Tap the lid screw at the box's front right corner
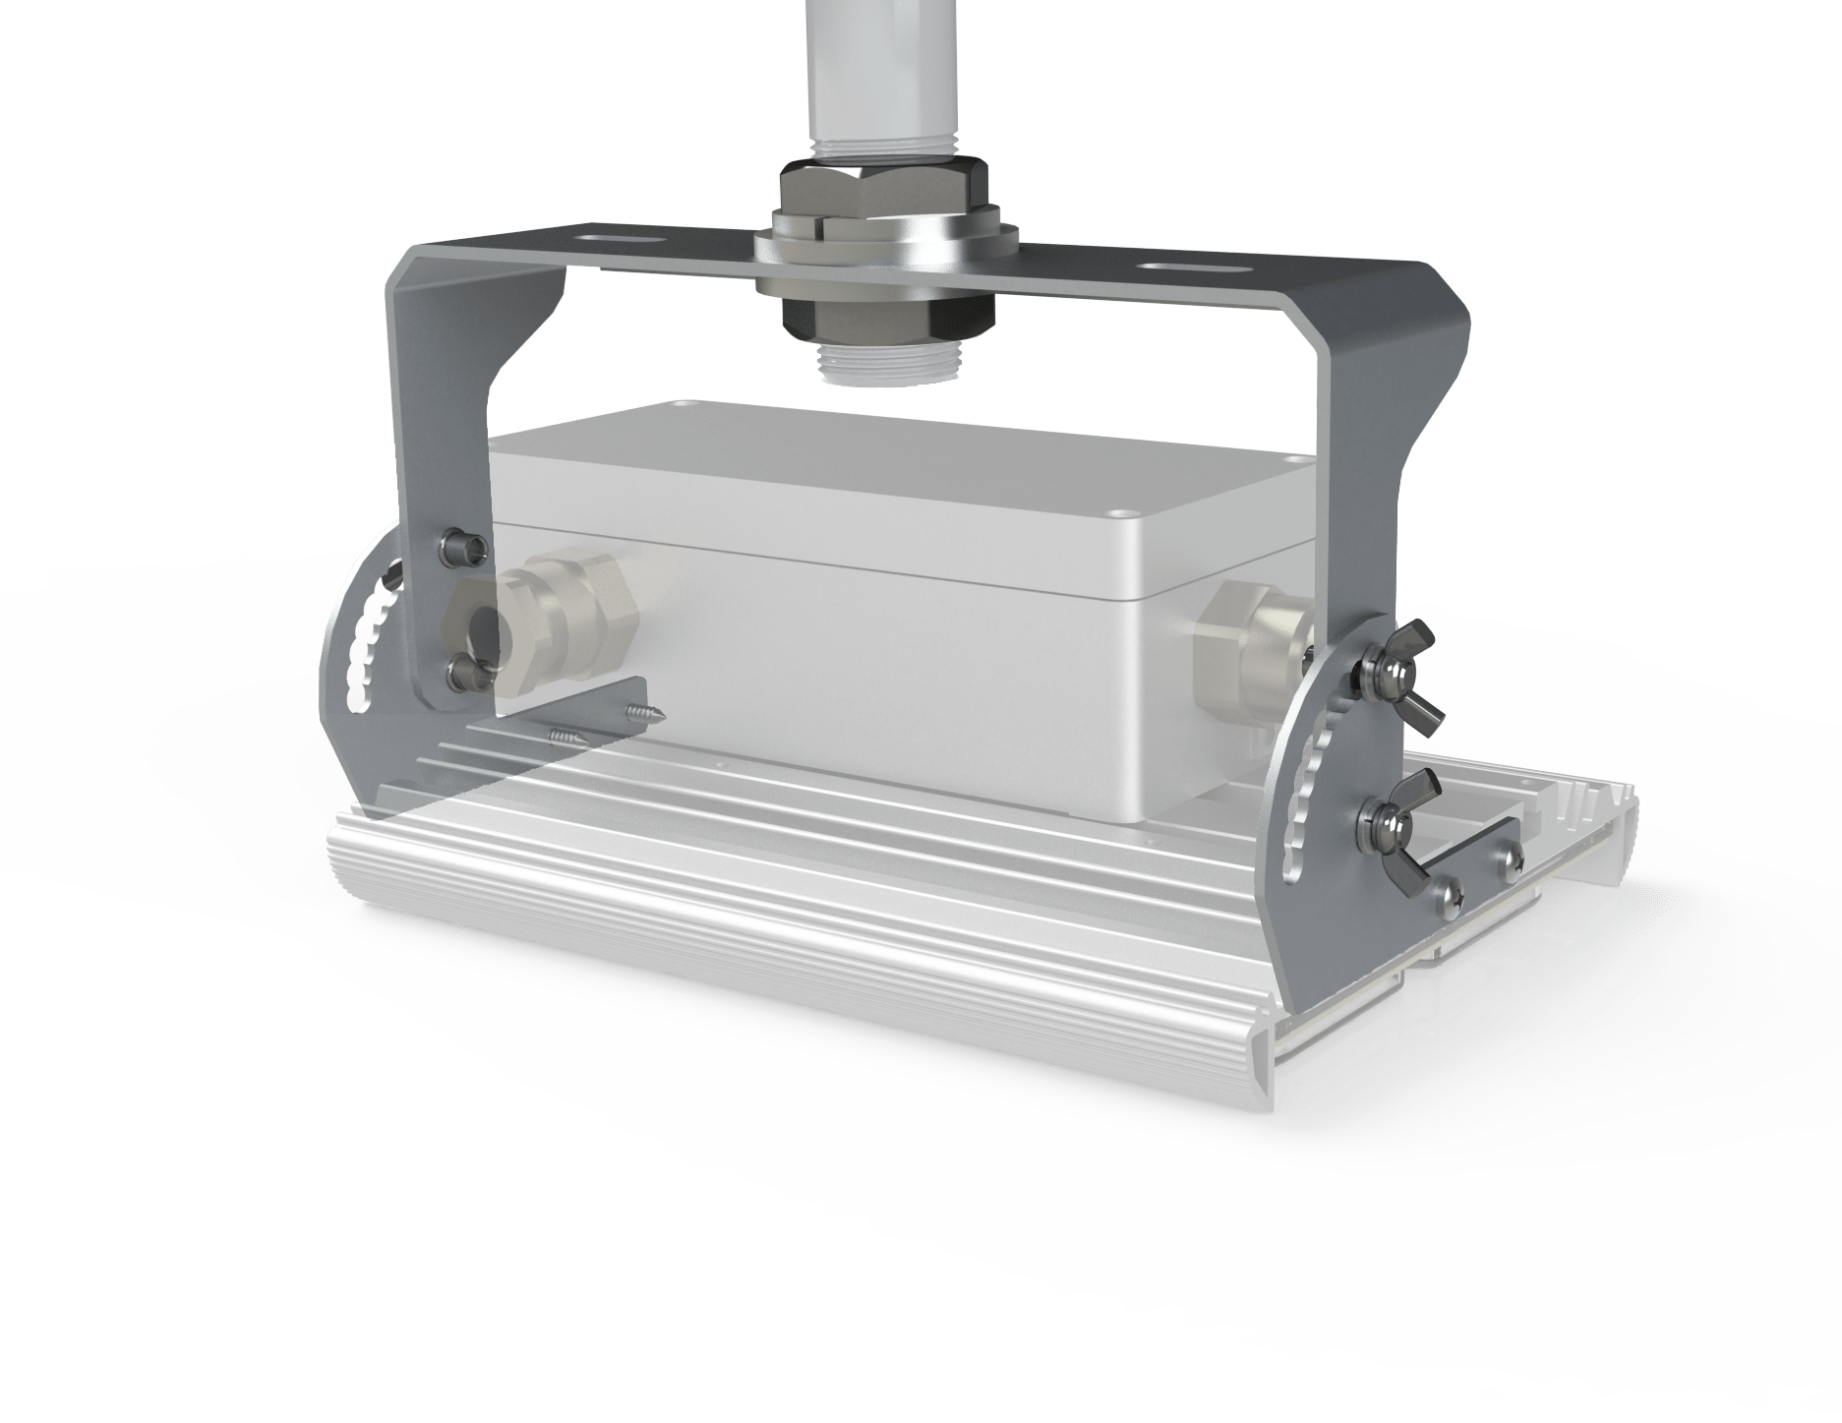click(1122, 513)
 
